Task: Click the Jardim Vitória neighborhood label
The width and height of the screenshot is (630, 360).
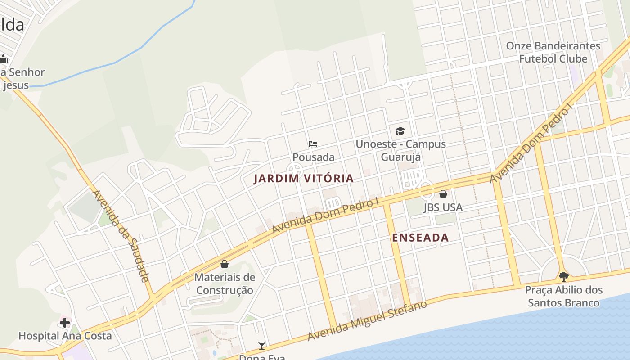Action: coord(304,179)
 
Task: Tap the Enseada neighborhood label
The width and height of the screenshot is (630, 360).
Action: coord(420,238)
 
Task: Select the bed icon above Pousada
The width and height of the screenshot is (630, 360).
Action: coord(313,144)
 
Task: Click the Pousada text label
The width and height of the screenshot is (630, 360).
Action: coord(313,157)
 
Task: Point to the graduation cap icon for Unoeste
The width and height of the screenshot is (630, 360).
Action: coord(400,131)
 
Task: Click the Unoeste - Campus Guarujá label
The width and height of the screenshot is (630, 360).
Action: coord(400,150)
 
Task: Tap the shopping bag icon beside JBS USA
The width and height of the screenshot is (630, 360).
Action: coord(443,194)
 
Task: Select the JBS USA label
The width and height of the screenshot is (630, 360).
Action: coord(443,207)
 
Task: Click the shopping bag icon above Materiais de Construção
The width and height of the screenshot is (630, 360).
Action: coord(225,264)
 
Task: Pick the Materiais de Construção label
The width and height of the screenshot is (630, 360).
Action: coord(225,283)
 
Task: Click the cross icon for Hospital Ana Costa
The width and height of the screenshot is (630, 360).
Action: coord(65,322)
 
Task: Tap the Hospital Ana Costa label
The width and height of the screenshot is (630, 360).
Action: coord(65,336)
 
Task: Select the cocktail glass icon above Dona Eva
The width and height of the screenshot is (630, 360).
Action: coord(262,346)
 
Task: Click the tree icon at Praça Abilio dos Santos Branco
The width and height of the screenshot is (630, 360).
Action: coord(563,276)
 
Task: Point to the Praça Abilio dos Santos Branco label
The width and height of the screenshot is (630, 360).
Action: coord(563,296)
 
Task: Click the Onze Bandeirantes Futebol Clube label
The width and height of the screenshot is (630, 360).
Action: coord(553,52)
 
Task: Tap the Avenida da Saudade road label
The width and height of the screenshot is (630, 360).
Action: coord(121,236)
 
